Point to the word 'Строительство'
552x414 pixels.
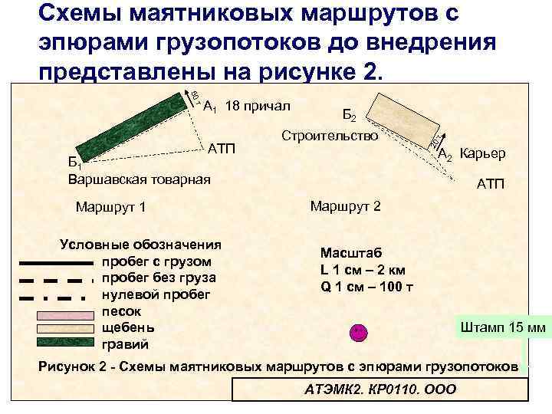point(330,136)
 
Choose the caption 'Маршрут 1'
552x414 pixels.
point(111,208)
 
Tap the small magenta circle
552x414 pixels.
point(357,332)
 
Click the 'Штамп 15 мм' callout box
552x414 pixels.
point(502,327)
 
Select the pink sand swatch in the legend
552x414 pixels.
point(63,314)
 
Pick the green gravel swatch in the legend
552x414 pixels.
point(63,343)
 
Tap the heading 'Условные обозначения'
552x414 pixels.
point(140,245)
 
